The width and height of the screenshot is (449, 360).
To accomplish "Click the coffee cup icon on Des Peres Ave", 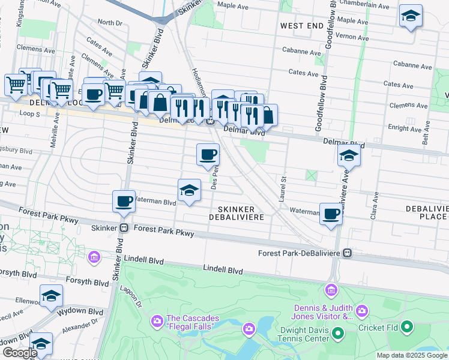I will point(208,155).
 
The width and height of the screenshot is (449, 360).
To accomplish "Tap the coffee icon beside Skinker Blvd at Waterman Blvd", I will point(124,202).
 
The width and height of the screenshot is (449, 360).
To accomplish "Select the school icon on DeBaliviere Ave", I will point(349,156).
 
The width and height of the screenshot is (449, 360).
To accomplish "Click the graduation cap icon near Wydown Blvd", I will point(52,296).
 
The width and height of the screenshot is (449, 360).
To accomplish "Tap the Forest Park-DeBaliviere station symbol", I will point(347,253).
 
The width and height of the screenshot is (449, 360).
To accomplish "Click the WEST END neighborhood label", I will point(301,26).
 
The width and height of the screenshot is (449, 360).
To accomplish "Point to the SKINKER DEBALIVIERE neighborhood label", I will point(236,212).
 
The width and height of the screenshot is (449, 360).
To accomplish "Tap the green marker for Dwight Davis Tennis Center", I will point(337,332).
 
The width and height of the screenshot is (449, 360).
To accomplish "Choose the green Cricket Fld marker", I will point(408,328).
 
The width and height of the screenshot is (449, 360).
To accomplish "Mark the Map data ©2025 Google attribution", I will point(412,355).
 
